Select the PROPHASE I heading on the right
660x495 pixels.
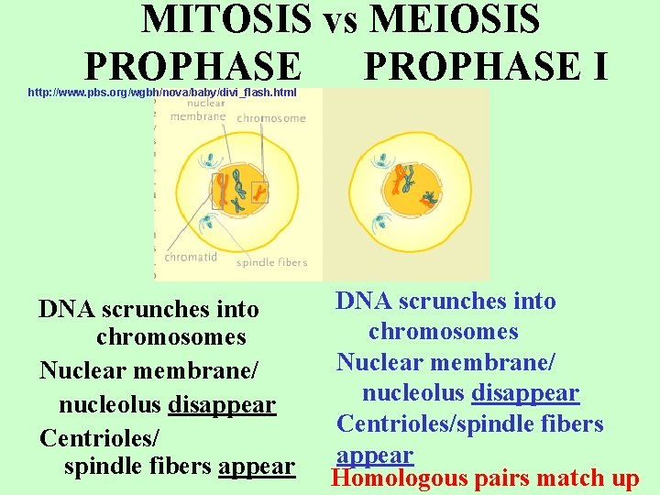click(486, 66)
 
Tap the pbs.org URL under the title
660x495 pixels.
click(162, 93)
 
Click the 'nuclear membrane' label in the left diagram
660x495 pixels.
click(197, 111)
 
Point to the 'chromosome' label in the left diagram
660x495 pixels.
click(271, 118)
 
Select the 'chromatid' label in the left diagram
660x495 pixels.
click(191, 258)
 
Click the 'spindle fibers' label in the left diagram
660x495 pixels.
click(272, 263)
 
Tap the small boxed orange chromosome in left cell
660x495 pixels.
click(260, 192)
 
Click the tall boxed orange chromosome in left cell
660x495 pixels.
click(223, 189)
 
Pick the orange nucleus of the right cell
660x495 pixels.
click(412, 187)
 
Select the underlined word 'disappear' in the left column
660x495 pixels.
click(223, 404)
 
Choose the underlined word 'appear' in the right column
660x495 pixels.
click(375, 456)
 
